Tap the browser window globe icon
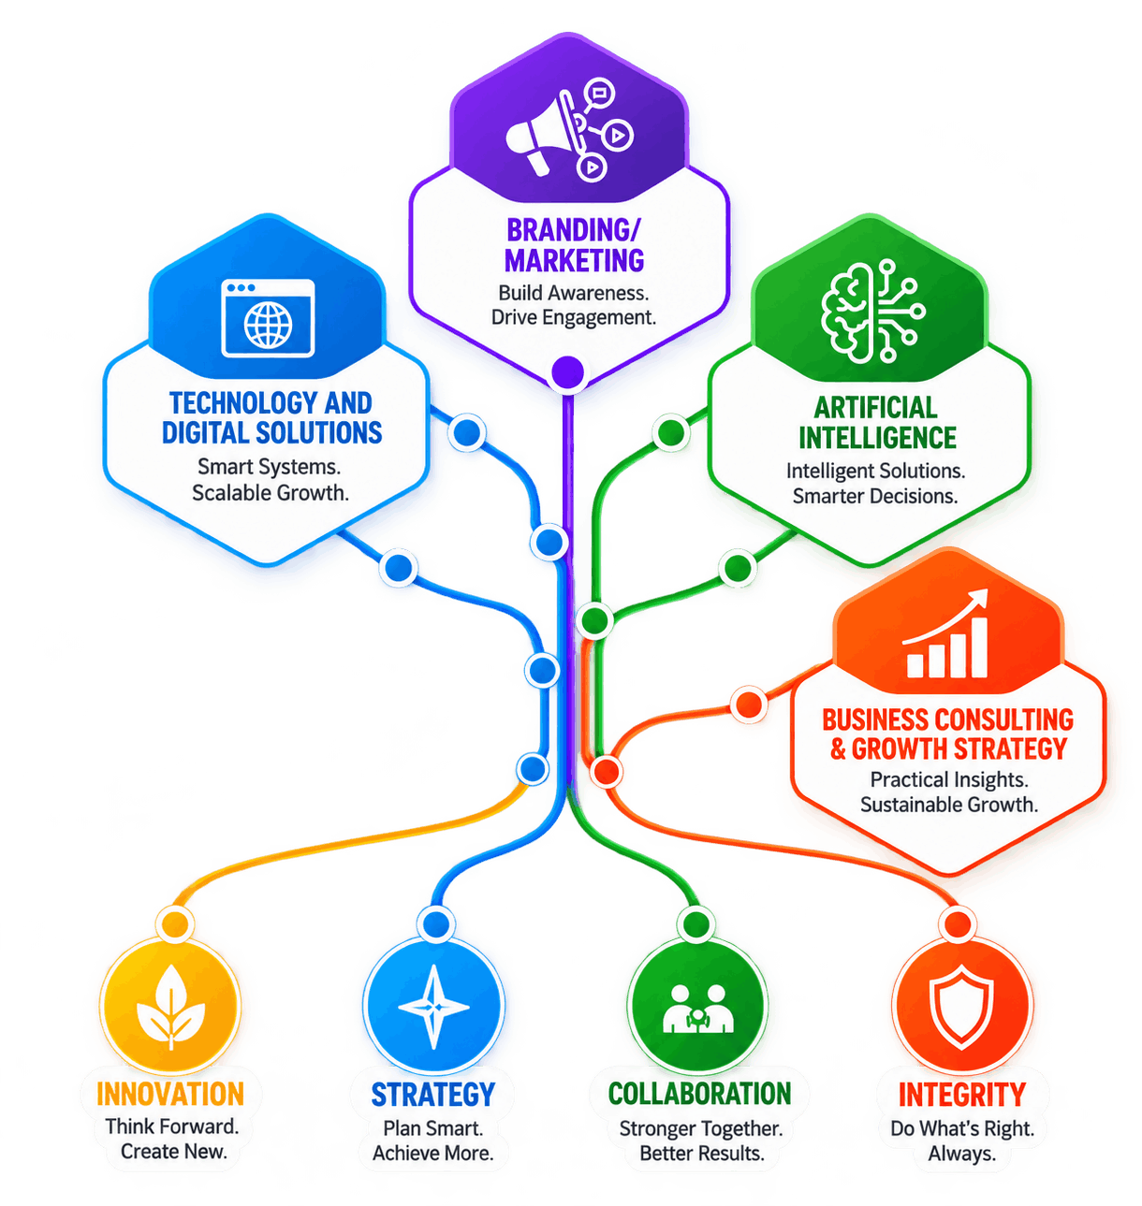[267, 318]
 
